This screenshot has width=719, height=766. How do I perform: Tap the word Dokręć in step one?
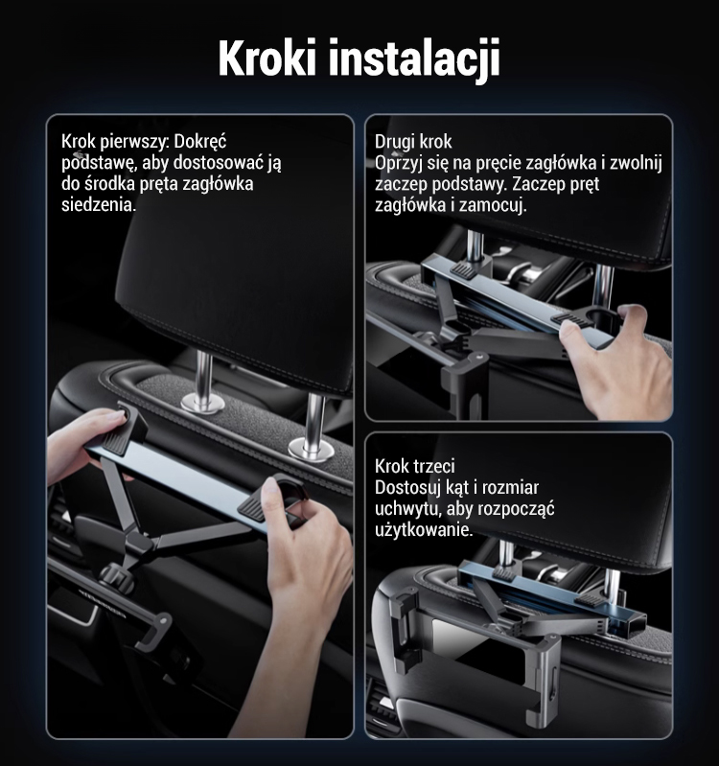click(x=200, y=142)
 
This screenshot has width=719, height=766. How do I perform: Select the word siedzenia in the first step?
click(x=99, y=205)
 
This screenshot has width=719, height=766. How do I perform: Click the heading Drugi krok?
click(x=413, y=142)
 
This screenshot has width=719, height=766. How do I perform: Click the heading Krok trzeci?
click(x=415, y=466)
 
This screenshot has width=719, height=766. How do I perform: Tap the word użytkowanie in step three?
click(x=424, y=530)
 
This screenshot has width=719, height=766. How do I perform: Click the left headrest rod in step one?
click(x=203, y=375)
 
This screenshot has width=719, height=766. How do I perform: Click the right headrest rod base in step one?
click(x=311, y=450)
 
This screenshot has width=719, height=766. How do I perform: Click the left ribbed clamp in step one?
click(x=115, y=441)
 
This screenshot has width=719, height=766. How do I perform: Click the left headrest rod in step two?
click(x=475, y=245)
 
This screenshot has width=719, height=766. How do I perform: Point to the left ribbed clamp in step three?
click(x=504, y=573)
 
